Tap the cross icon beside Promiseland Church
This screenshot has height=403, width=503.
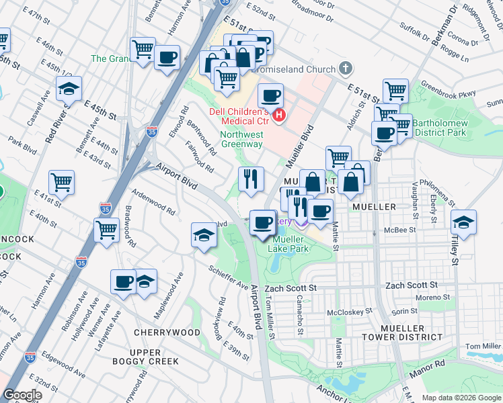click(346, 69)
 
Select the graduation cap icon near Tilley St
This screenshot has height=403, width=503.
click(464, 222)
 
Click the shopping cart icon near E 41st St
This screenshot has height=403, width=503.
click(61, 181)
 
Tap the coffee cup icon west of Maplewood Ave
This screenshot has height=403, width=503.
click(124, 281)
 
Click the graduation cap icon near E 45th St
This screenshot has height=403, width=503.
click(68, 89)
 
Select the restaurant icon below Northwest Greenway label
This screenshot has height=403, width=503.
click(251, 179)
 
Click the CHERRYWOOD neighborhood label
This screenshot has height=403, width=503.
click(167, 332)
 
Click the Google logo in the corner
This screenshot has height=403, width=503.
click(22, 395)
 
